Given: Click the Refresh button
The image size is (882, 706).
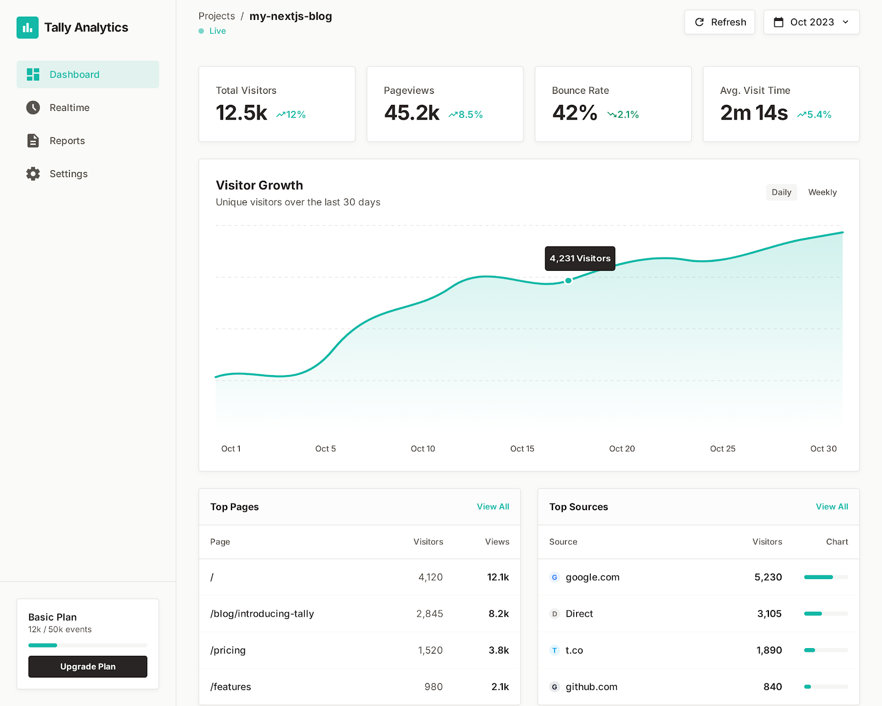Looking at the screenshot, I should (x=719, y=22).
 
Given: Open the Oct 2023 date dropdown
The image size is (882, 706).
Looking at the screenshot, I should (x=811, y=22).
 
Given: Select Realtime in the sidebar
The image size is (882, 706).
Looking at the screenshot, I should (x=69, y=108).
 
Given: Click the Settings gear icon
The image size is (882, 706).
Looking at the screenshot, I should (x=33, y=174).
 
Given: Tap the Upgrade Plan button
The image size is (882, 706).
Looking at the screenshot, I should (x=88, y=666).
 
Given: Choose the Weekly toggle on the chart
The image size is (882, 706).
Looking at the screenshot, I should (x=822, y=192).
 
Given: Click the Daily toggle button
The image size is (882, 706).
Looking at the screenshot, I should (x=781, y=192).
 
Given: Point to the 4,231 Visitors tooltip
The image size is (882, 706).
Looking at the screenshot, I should (x=580, y=258).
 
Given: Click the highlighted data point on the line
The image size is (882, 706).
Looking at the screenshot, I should (x=568, y=281).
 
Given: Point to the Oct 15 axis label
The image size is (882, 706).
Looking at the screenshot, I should (x=522, y=449).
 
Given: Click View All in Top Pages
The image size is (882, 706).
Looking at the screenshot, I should (x=493, y=506).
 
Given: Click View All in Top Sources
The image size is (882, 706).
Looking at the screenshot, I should (x=832, y=506).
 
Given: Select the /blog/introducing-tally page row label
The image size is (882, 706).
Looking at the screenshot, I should (x=262, y=613).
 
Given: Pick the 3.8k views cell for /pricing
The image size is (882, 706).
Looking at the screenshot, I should (x=498, y=650).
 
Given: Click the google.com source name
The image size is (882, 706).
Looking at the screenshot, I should (x=592, y=577).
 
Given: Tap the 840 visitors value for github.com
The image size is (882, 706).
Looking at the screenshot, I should (x=772, y=687).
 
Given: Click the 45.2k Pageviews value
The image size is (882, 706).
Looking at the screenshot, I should (x=412, y=113).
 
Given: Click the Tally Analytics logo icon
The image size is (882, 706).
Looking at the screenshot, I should (x=28, y=28).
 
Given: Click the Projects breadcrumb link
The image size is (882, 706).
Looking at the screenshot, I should (x=217, y=16).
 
